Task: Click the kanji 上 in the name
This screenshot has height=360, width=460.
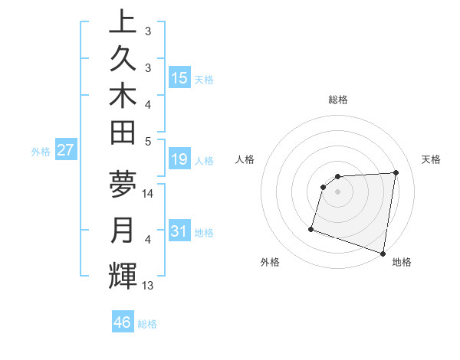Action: (x=123, y=21)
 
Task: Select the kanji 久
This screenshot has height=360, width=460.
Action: (x=123, y=58)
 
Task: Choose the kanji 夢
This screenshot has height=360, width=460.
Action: (x=123, y=184)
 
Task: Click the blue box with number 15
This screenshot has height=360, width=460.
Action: (x=179, y=78)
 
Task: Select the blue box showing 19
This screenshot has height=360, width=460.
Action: (x=179, y=159)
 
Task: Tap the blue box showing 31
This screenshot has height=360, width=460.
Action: (x=179, y=231)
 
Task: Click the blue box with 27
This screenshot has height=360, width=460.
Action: (x=65, y=150)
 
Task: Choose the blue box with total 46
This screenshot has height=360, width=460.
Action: (x=123, y=322)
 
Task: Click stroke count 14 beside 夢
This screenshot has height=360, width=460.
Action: (x=149, y=194)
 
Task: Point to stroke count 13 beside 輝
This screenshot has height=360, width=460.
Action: (x=149, y=286)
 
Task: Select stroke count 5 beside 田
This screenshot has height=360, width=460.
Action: (x=148, y=141)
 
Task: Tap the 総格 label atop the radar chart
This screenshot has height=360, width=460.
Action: (x=338, y=100)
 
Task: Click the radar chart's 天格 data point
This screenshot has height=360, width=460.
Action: (x=396, y=172)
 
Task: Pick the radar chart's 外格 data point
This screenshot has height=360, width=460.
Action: (x=311, y=228)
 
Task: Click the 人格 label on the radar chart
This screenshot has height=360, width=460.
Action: (x=245, y=159)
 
